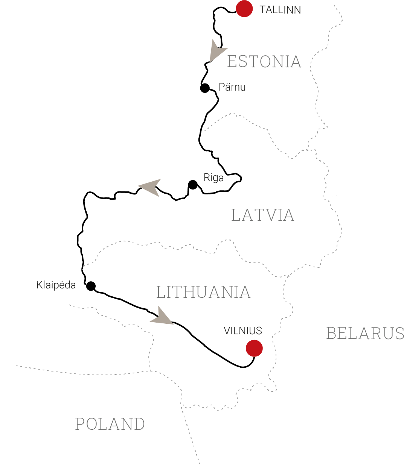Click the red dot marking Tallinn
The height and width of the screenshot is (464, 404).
pos(244,9)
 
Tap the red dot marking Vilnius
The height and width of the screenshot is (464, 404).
pos(254,348)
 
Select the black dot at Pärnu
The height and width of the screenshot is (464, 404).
pos(205,88)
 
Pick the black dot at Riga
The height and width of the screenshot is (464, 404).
pos(193,185)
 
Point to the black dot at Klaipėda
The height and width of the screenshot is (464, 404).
pos(91,286)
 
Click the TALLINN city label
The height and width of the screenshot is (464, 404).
pos(280,10)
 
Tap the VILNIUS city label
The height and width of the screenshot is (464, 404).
pos(243,331)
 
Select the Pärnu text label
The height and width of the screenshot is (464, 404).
pos(232,87)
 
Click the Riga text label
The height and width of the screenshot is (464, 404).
pos(213,177)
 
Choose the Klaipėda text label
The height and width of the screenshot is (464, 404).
pos(56,285)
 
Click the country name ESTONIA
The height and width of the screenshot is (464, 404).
pos(264,62)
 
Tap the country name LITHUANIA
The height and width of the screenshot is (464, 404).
pos(203,292)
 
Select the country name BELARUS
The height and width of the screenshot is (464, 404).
pos(365,334)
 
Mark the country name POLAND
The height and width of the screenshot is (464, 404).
pos(110,424)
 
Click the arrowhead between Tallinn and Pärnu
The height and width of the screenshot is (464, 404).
pos(217,50)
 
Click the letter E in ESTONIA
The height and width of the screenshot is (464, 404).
pos(232,62)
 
